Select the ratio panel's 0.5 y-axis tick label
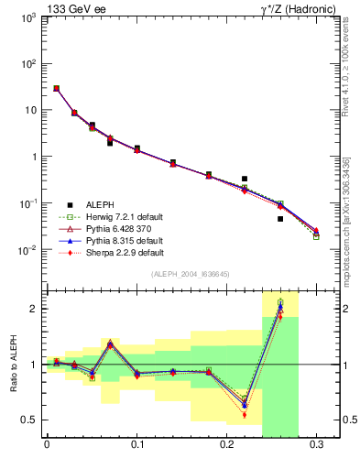(28, 420)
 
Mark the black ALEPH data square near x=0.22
(245, 179)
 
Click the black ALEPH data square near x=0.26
(280, 219)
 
